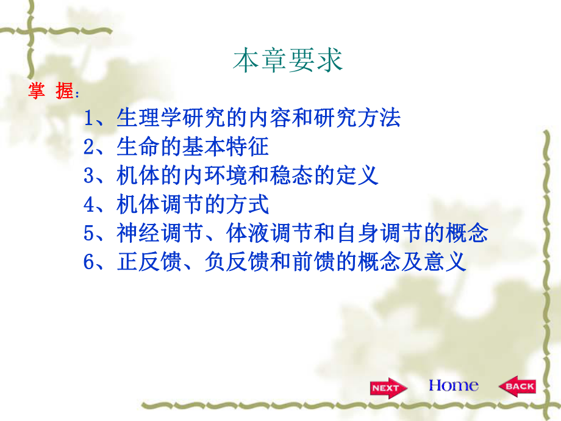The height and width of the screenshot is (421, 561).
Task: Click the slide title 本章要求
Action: [288, 61]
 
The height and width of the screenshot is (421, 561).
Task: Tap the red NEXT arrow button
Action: [385, 388]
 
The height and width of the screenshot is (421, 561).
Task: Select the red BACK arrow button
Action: [517, 387]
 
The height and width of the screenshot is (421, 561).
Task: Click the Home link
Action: [453, 386]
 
